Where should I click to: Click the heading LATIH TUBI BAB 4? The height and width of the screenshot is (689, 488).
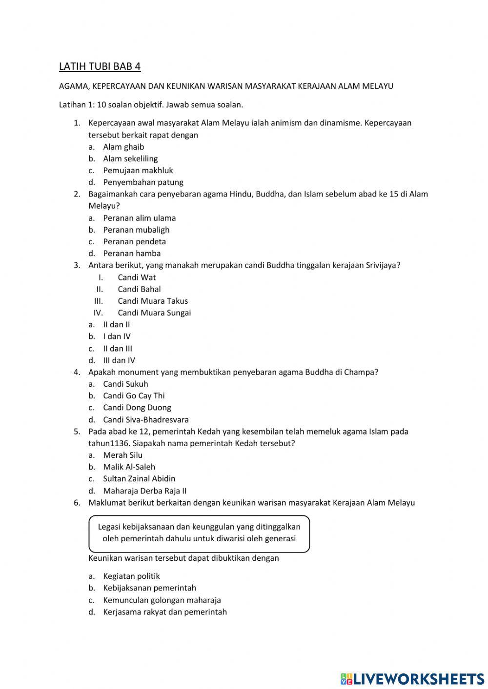(100, 66)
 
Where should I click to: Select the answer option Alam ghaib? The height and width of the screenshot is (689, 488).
(123, 147)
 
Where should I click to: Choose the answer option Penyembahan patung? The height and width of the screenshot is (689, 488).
(143, 182)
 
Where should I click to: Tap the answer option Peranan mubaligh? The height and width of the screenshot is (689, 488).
(136, 230)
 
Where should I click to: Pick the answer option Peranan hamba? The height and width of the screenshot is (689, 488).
(132, 254)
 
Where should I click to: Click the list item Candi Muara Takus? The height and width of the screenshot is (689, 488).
(152, 301)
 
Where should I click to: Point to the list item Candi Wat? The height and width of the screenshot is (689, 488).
(137, 277)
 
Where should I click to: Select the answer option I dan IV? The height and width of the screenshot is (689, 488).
(117, 336)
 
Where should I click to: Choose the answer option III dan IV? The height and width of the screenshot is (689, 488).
(119, 360)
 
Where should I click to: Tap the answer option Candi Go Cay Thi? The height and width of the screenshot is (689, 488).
(134, 396)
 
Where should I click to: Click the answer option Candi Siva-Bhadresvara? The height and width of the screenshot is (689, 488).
(145, 419)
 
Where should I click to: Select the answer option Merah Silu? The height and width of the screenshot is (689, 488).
(122, 455)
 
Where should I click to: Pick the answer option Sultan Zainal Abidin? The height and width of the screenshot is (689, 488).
(139, 479)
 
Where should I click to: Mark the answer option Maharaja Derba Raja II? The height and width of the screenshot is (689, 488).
(144, 491)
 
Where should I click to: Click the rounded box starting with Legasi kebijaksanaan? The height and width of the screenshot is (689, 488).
(199, 533)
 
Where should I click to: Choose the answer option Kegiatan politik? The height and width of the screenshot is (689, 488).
(131, 576)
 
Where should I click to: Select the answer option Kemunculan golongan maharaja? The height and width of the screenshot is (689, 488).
(162, 600)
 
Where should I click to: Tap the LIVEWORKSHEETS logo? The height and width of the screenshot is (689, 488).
(412, 679)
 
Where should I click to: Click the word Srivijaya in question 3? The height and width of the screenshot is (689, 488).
(382, 265)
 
